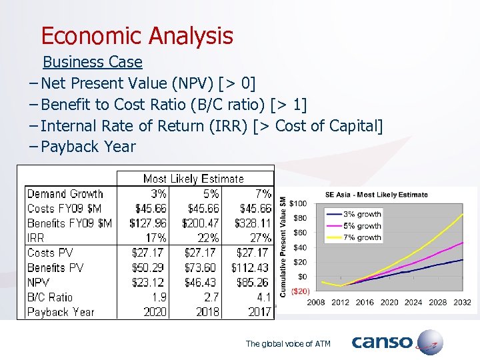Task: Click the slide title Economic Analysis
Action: point(137,36)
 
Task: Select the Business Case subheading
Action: point(92,62)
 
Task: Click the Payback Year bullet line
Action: point(88,147)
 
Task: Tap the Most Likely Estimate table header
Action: point(193,179)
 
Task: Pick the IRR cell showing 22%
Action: point(207,238)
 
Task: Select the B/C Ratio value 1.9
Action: point(158,297)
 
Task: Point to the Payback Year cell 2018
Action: point(207,312)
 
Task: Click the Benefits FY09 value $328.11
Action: point(253,223)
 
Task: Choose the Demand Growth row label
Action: point(65,194)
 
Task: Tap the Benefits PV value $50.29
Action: point(149,268)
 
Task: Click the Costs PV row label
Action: point(50,253)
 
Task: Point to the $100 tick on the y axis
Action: point(298,203)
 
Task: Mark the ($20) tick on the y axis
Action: point(298,291)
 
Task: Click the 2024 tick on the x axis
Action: point(413,303)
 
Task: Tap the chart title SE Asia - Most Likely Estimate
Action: point(376,195)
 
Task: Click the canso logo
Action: point(397,343)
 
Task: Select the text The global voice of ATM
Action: point(288,344)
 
